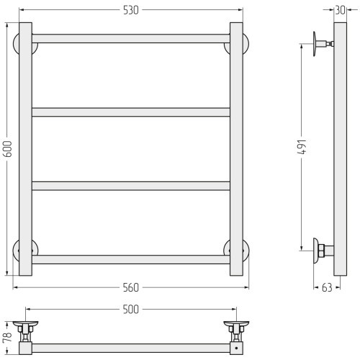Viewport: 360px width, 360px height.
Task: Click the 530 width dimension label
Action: point(131,10)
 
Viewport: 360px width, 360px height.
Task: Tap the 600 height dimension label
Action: point(8,149)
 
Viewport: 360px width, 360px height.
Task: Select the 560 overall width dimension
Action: point(131,287)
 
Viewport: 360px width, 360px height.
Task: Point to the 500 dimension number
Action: point(131,310)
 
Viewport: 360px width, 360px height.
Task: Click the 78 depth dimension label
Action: point(8,338)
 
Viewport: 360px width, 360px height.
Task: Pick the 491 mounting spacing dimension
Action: point(302,147)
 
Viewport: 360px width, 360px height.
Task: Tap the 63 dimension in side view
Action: point(327,287)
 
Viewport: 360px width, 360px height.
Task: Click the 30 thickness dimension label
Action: point(340,10)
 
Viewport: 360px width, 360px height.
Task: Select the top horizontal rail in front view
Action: point(131,39)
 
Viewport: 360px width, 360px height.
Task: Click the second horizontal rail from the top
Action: point(131,112)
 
